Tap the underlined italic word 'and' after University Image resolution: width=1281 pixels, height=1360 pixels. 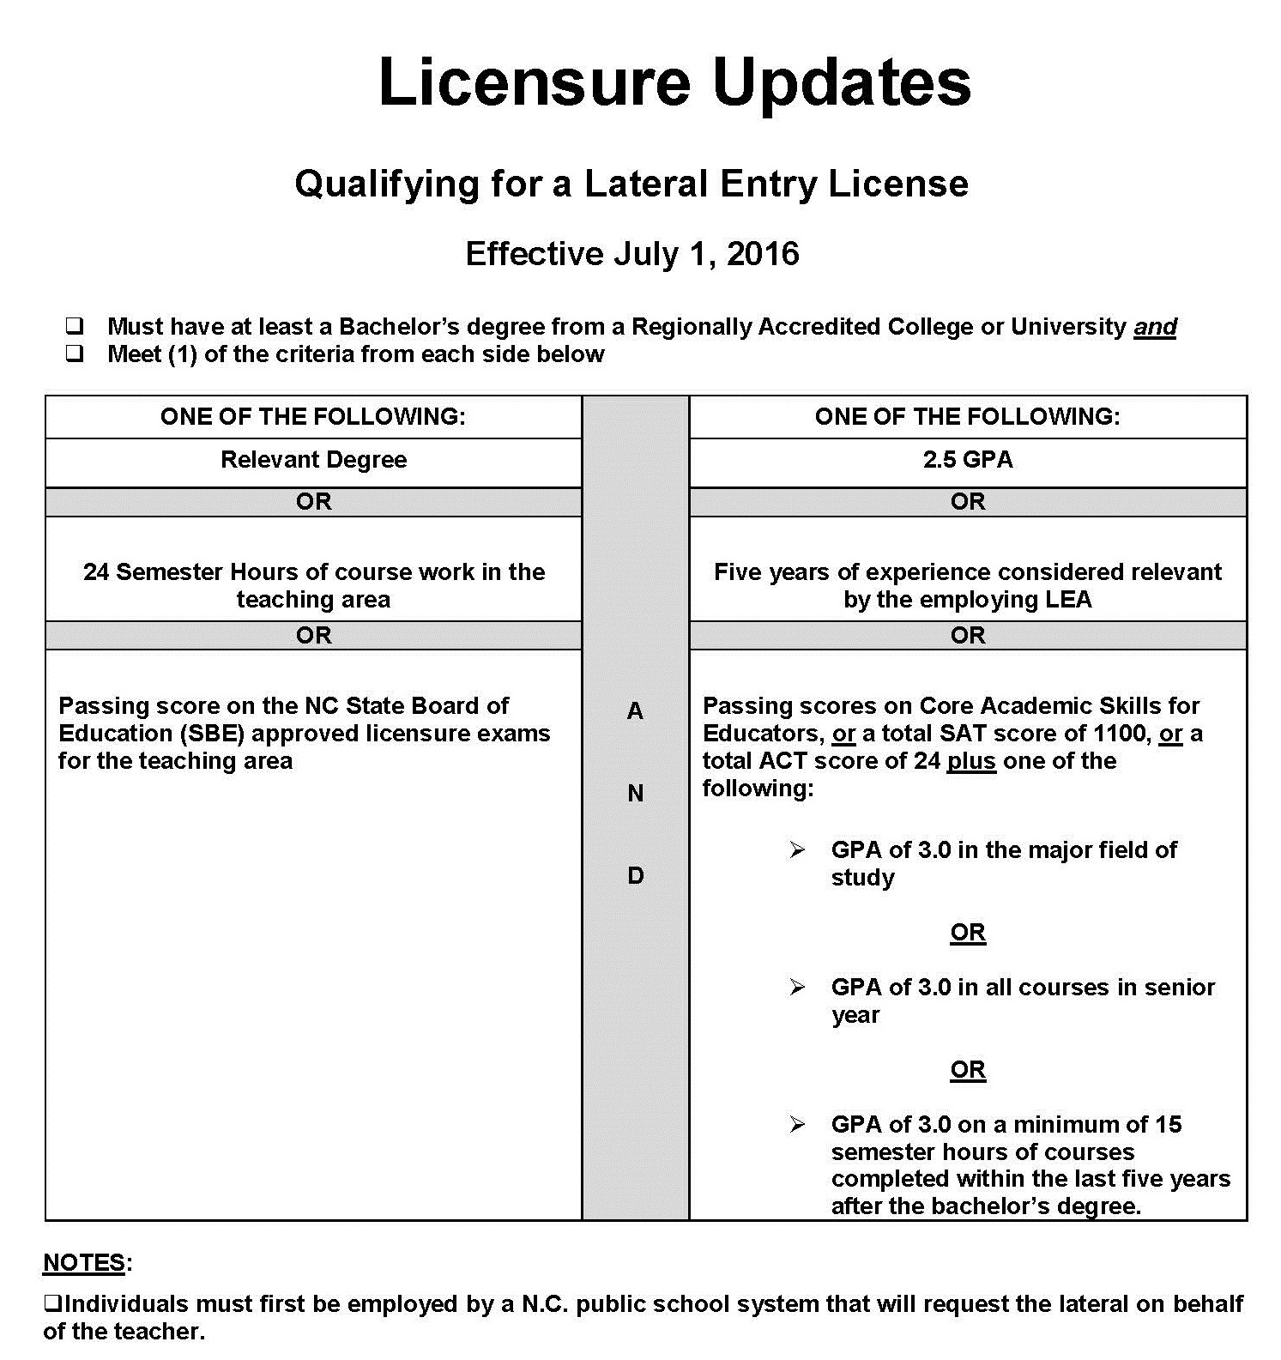pos(1155,327)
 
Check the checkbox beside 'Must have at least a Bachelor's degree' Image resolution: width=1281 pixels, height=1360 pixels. pos(75,326)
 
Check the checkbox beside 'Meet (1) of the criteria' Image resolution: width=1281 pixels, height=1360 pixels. pos(75,354)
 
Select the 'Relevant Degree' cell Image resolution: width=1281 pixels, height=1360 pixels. pos(313,460)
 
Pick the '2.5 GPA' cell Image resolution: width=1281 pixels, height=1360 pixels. pos(967,460)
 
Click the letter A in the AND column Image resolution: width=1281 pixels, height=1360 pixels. pos(635,710)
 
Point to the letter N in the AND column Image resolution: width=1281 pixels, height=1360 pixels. pos(635,794)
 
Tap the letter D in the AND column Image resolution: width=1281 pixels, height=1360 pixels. pos(635,876)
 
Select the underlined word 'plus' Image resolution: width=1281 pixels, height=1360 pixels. pos(971,761)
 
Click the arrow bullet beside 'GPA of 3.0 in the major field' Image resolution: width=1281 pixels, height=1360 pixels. pos(798,850)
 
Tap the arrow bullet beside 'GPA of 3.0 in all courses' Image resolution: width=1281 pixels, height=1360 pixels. pos(798,988)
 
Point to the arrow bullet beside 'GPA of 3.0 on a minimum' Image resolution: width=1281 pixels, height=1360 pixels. pos(798,1125)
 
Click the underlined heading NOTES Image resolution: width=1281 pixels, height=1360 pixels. pos(84,1263)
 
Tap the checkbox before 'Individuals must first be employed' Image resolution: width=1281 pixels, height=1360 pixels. pos(51,1305)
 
